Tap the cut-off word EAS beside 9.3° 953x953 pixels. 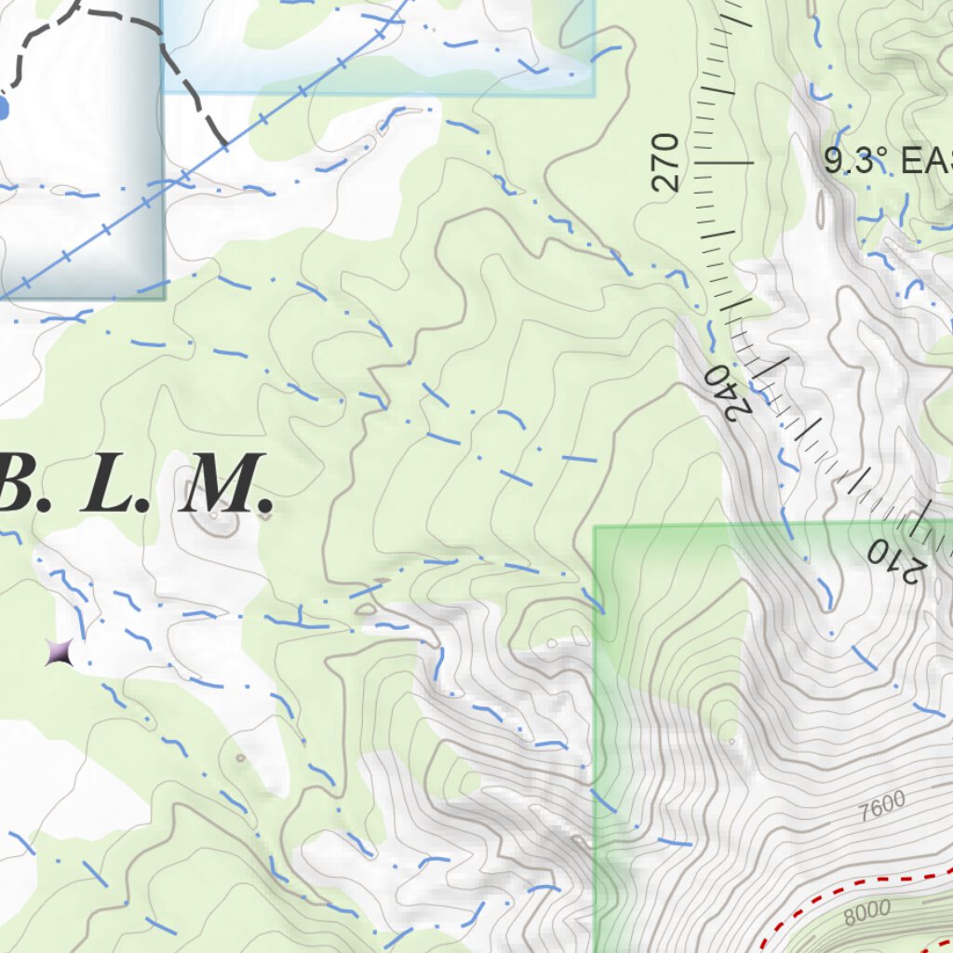[x=927, y=162]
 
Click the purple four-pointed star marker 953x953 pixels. [x=59, y=652]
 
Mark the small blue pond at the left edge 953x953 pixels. [x=3, y=109]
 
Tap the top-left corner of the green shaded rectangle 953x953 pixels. [x=596, y=528]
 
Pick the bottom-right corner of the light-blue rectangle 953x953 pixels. [x=594, y=93]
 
